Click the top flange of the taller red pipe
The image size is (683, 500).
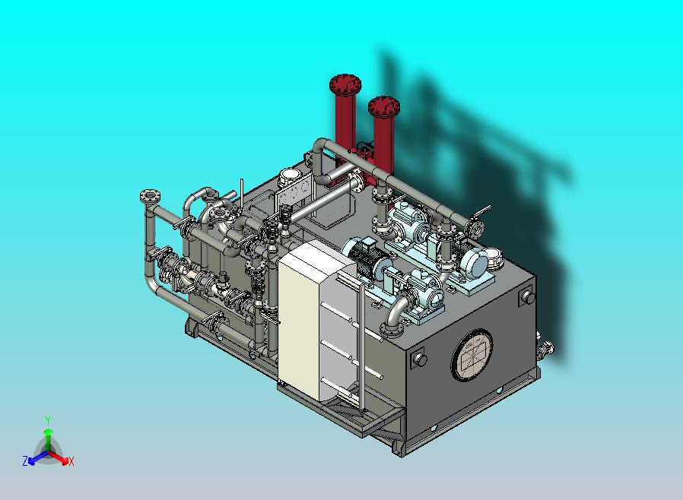coord(345,85)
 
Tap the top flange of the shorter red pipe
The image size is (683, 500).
coord(384,106)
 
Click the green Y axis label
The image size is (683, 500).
coord(48,420)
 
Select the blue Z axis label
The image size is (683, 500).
coord(25,460)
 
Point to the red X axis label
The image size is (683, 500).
coord(71,461)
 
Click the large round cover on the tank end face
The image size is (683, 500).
coord(472,355)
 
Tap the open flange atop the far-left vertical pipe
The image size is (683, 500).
coord(150,196)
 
